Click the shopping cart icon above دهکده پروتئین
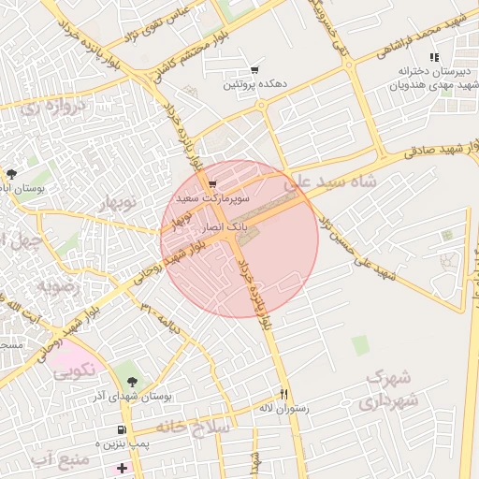tap(254, 70)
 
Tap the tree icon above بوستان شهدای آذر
tap(132, 382)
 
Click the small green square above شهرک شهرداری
tap(360, 345)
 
